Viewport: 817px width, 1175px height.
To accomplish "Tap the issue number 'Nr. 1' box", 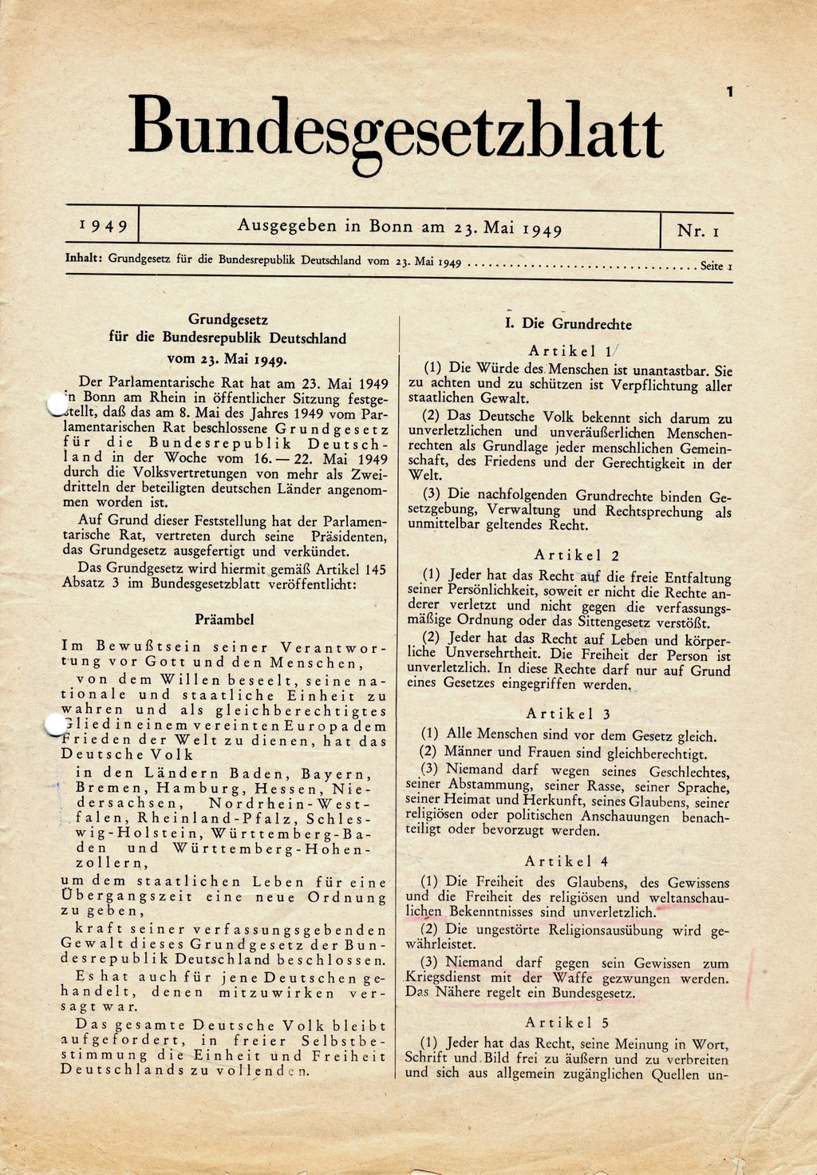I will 698,231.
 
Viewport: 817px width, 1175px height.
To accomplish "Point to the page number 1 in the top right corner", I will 729,93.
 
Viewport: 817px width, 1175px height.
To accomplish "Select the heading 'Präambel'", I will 224,619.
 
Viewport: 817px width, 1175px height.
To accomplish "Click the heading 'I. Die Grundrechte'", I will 568,324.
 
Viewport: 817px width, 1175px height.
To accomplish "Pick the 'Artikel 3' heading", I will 568,714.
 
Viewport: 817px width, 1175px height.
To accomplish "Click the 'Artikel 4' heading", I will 567,861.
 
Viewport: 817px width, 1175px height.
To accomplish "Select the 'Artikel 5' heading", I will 567,1023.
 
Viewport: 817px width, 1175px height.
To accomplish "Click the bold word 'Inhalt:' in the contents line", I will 84,259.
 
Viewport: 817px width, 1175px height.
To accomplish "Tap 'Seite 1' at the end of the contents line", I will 716,265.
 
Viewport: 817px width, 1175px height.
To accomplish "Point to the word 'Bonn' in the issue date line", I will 391,227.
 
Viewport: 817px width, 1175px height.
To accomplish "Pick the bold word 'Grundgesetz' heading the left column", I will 227,322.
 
